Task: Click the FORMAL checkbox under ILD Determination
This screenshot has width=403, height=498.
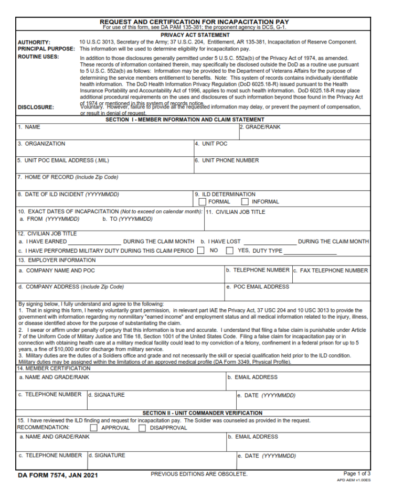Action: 203,202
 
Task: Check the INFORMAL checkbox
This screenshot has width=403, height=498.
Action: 245,202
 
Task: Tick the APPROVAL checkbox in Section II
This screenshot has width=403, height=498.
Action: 93,428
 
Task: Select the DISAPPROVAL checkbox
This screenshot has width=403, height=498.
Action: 142,428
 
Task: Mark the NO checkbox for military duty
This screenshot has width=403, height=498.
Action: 201,251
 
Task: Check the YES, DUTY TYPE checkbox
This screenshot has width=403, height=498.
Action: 229,251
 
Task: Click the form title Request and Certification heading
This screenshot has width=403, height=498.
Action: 194,22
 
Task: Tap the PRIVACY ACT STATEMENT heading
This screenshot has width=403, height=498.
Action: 195,35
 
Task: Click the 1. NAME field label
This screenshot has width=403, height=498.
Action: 29,127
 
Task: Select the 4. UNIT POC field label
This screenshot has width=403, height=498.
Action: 211,144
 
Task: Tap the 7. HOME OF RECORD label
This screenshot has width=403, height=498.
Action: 68,177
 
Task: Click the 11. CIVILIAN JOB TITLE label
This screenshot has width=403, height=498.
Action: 235,212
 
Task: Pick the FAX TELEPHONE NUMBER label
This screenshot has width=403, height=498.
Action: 331,270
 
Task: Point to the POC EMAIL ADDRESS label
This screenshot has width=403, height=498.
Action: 258,287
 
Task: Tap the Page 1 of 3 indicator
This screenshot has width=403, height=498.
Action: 357,473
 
